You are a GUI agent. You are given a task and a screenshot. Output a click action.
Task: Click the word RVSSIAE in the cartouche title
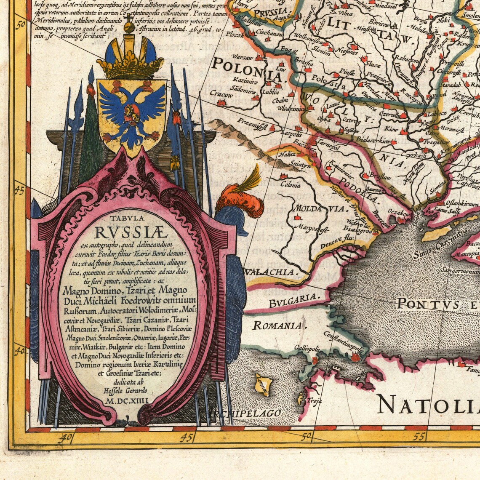coord(131,232)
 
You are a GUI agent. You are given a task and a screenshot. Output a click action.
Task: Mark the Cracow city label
coord(221,95)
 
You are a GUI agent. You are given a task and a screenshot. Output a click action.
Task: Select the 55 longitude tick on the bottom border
coord(419,437)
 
